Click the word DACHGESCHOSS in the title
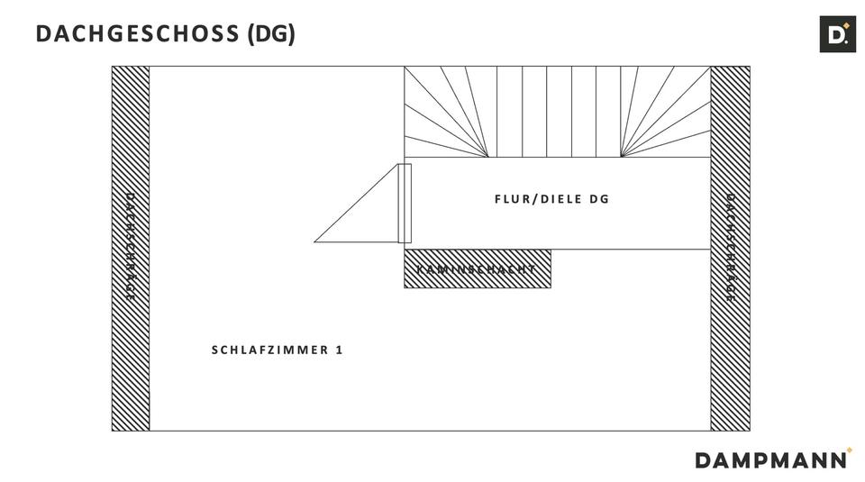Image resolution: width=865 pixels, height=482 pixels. click(x=137, y=34)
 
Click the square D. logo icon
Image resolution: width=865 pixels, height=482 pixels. click(x=837, y=34)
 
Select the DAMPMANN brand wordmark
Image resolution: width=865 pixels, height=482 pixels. click(x=771, y=459)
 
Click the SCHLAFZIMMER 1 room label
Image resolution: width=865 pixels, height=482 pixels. click(x=278, y=350)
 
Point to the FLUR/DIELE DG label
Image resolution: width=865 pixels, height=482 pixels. click(x=551, y=199)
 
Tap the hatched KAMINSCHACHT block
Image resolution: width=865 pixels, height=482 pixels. click(x=477, y=269)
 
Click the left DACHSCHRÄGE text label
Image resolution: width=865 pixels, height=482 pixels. click(x=130, y=247)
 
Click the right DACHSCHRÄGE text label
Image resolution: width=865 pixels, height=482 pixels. click(x=731, y=247)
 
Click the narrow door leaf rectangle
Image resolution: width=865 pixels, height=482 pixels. click(x=405, y=203)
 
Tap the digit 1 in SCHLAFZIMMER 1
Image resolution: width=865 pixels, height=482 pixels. click(x=339, y=350)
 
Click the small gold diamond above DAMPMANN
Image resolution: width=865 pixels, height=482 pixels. click(x=849, y=450)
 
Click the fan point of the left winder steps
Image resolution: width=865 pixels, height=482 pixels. click(x=488, y=157)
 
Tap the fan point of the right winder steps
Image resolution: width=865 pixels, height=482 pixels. click(x=621, y=157)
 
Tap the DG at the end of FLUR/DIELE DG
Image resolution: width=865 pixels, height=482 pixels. click(x=599, y=199)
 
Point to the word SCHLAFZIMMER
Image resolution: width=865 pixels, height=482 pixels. click(x=268, y=350)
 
